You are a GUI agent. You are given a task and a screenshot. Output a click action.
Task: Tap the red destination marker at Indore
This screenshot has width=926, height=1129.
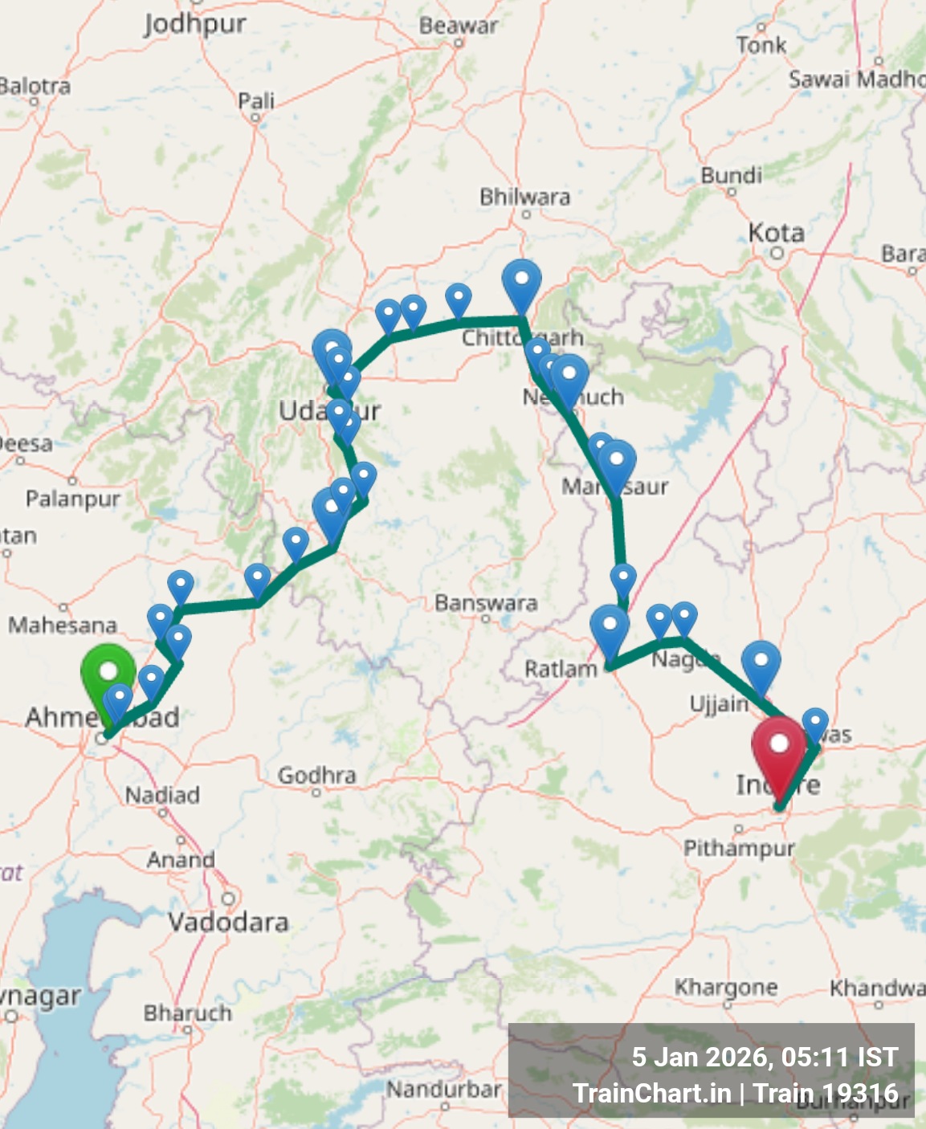(x=778, y=746)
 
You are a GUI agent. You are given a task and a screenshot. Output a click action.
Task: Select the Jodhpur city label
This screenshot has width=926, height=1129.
(x=194, y=23)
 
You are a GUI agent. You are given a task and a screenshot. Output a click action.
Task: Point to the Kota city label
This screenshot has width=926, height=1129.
(x=776, y=233)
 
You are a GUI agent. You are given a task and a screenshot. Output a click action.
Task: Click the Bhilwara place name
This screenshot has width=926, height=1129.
(x=524, y=197)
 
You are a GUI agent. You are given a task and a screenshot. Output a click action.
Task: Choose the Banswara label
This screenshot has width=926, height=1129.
(x=486, y=603)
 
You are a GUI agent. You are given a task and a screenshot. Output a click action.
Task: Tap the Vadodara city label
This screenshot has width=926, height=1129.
(x=228, y=922)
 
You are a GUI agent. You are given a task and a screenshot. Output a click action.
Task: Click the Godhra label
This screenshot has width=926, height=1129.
(x=316, y=775)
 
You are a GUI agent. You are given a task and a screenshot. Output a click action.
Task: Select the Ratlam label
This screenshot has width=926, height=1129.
(x=561, y=669)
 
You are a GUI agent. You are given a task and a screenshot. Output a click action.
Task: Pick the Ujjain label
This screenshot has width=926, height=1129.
(x=719, y=704)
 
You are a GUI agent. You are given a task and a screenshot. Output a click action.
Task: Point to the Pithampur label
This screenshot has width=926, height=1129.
(x=738, y=848)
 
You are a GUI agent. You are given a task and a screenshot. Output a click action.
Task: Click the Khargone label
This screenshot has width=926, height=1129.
(x=725, y=987)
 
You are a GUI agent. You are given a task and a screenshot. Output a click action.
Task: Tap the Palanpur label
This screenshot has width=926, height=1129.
(x=72, y=499)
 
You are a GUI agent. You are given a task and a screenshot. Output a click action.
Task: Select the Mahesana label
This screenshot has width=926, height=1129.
(x=63, y=625)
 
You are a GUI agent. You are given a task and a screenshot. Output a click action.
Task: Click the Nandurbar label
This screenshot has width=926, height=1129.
(x=443, y=1090)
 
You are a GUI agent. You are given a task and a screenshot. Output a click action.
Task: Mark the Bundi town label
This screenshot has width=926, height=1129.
(x=731, y=175)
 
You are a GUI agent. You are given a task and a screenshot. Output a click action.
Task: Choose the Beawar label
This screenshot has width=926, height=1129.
(x=458, y=26)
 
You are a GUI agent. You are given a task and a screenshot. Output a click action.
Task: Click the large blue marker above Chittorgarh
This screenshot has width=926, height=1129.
(x=521, y=282)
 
